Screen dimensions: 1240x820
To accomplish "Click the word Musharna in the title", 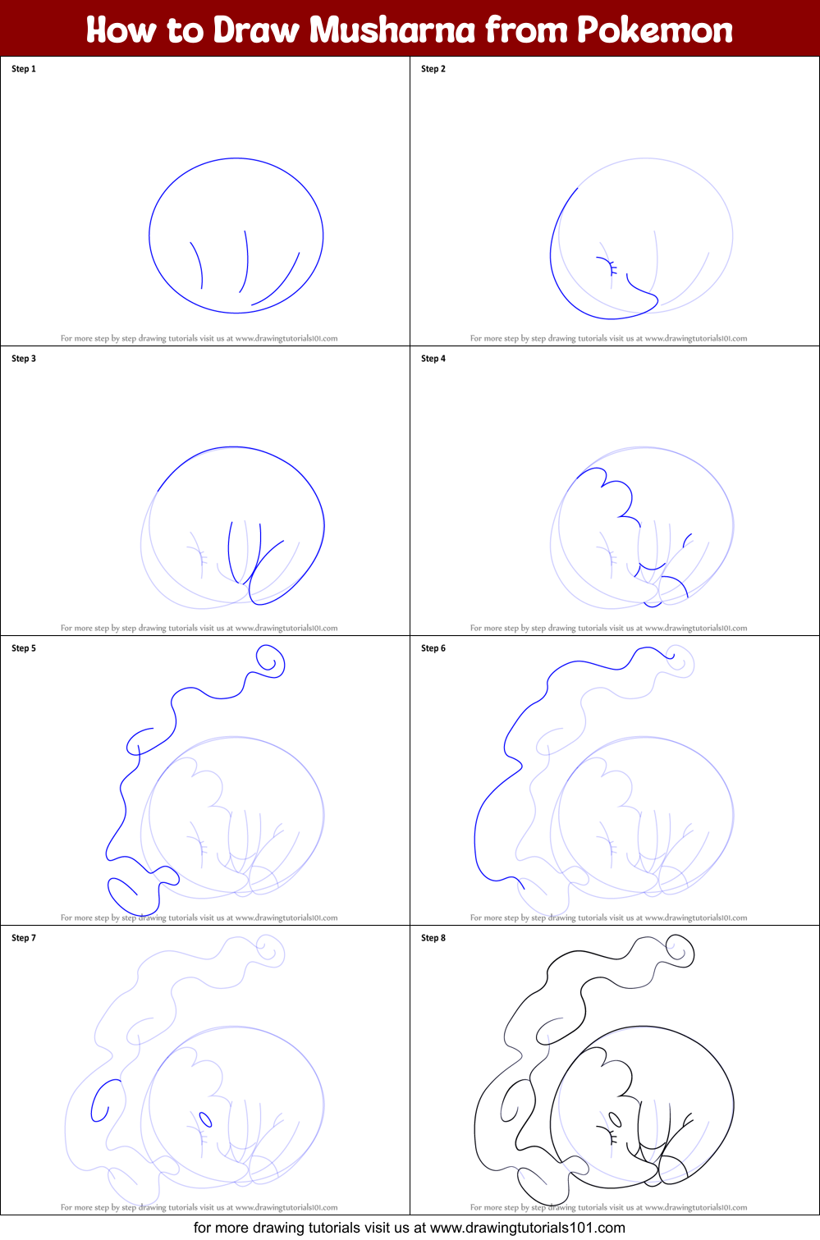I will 393,30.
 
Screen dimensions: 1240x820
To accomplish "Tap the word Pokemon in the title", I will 654,30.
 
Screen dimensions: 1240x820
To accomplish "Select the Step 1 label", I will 24,69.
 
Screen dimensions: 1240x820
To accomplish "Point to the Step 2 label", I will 433,69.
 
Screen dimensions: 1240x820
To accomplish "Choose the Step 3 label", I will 24,359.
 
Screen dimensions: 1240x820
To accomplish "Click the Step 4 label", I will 433,359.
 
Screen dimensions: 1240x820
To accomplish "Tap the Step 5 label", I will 24,648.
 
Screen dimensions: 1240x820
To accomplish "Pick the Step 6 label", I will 433,648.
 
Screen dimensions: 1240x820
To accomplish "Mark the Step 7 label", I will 24,938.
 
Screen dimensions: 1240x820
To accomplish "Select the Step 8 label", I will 433,938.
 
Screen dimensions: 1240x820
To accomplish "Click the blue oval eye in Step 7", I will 205,1119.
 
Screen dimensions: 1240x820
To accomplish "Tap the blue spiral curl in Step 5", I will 269,661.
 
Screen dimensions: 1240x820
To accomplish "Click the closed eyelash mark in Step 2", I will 607,266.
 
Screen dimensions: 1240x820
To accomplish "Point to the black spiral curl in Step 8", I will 680,952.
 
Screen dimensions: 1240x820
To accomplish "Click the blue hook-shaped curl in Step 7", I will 103,1100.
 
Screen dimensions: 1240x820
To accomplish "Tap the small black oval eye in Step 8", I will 615,1119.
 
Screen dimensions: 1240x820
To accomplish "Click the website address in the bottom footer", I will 527,1229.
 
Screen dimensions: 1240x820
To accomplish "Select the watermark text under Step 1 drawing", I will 199,338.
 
